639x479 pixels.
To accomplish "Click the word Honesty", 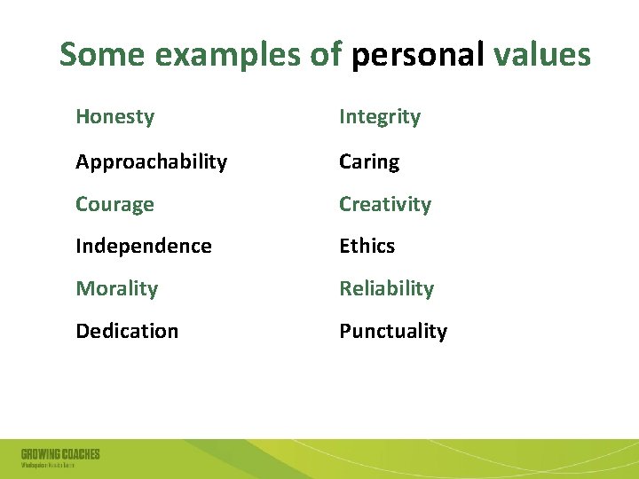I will tap(114, 117).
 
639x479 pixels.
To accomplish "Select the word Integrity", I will tap(380, 117).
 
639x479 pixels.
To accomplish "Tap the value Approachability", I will tap(151, 162).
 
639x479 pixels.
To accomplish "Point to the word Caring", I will tap(369, 162).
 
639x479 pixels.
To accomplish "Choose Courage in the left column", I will tap(114, 205).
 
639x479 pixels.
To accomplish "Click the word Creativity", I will tap(385, 205).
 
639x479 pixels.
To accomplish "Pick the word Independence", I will tap(144, 247).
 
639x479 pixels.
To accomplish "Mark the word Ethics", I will tap(367, 247).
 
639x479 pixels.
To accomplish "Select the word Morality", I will tap(116, 289).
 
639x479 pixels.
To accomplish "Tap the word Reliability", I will tap(386, 289).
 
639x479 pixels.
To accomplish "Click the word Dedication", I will tap(127, 332).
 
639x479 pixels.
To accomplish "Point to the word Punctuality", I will tap(393, 332).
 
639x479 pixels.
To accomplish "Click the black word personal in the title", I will tap(417, 55).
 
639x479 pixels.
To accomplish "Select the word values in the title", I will tap(541, 55).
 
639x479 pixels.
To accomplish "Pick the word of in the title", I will tap(326, 55).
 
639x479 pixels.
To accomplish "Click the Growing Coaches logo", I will tap(60, 458).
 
